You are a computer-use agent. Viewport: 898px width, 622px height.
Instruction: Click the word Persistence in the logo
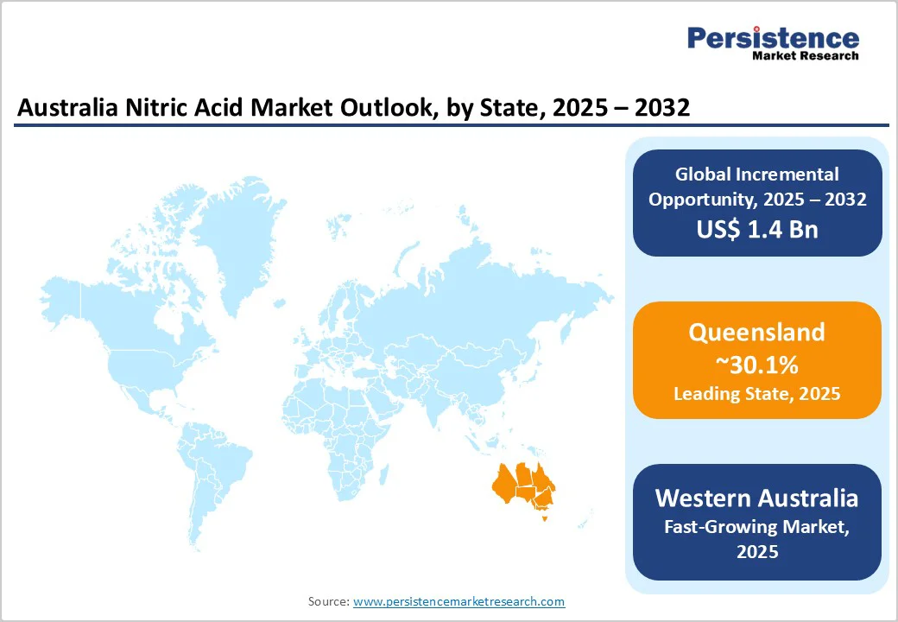pyautogui.click(x=773, y=37)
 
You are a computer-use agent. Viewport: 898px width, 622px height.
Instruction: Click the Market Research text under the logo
pyautogui.click(x=805, y=56)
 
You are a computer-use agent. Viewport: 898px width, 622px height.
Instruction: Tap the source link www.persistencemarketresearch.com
pyautogui.click(x=458, y=601)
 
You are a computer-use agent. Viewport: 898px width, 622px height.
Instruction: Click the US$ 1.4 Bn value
pyautogui.click(x=757, y=229)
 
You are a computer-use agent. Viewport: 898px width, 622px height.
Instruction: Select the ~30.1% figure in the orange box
pyautogui.click(x=757, y=365)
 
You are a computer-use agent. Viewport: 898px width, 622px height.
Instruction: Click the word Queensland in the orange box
pyautogui.click(x=757, y=333)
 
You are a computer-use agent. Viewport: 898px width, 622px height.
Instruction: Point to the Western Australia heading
pyautogui.click(x=757, y=498)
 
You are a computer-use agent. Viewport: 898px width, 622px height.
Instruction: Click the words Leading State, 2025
pyautogui.click(x=757, y=394)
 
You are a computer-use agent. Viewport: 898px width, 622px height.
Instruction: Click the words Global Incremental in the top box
pyautogui.click(x=757, y=175)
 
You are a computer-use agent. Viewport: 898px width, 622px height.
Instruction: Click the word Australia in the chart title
pyautogui.click(x=66, y=108)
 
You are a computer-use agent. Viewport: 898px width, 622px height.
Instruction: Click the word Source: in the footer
pyautogui.click(x=329, y=601)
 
